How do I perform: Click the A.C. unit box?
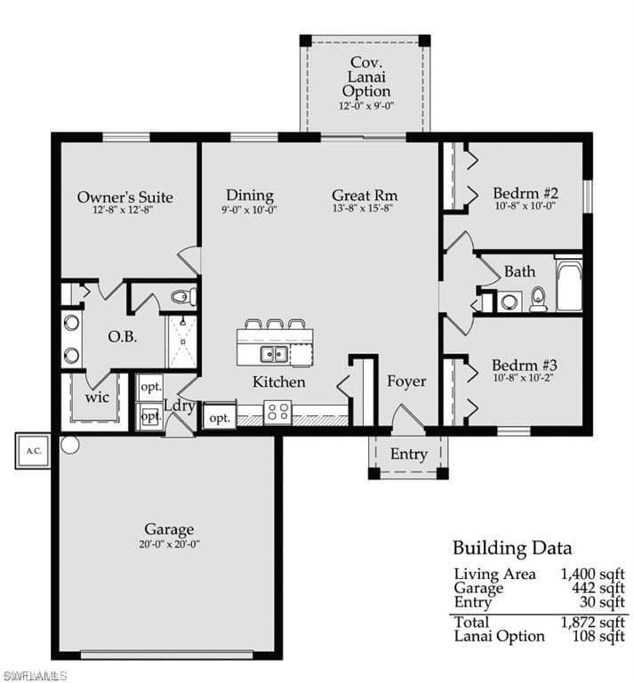33,451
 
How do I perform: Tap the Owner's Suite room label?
125,197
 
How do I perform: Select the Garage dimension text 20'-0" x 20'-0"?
169,544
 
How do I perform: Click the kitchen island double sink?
274,354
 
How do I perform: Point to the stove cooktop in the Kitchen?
277,412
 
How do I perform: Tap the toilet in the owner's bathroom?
183,297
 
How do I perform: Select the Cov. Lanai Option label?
366,77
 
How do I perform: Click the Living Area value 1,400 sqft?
592,575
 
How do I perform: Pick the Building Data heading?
512,548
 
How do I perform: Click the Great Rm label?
365,195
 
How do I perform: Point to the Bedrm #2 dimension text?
526,205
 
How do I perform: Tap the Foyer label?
406,382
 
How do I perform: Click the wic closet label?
97,398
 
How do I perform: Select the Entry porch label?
408,454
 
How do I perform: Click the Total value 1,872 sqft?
592,622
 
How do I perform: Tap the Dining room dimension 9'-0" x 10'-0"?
250,210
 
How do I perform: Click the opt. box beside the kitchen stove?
220,417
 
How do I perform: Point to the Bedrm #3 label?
525,365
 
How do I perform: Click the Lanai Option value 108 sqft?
598,636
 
